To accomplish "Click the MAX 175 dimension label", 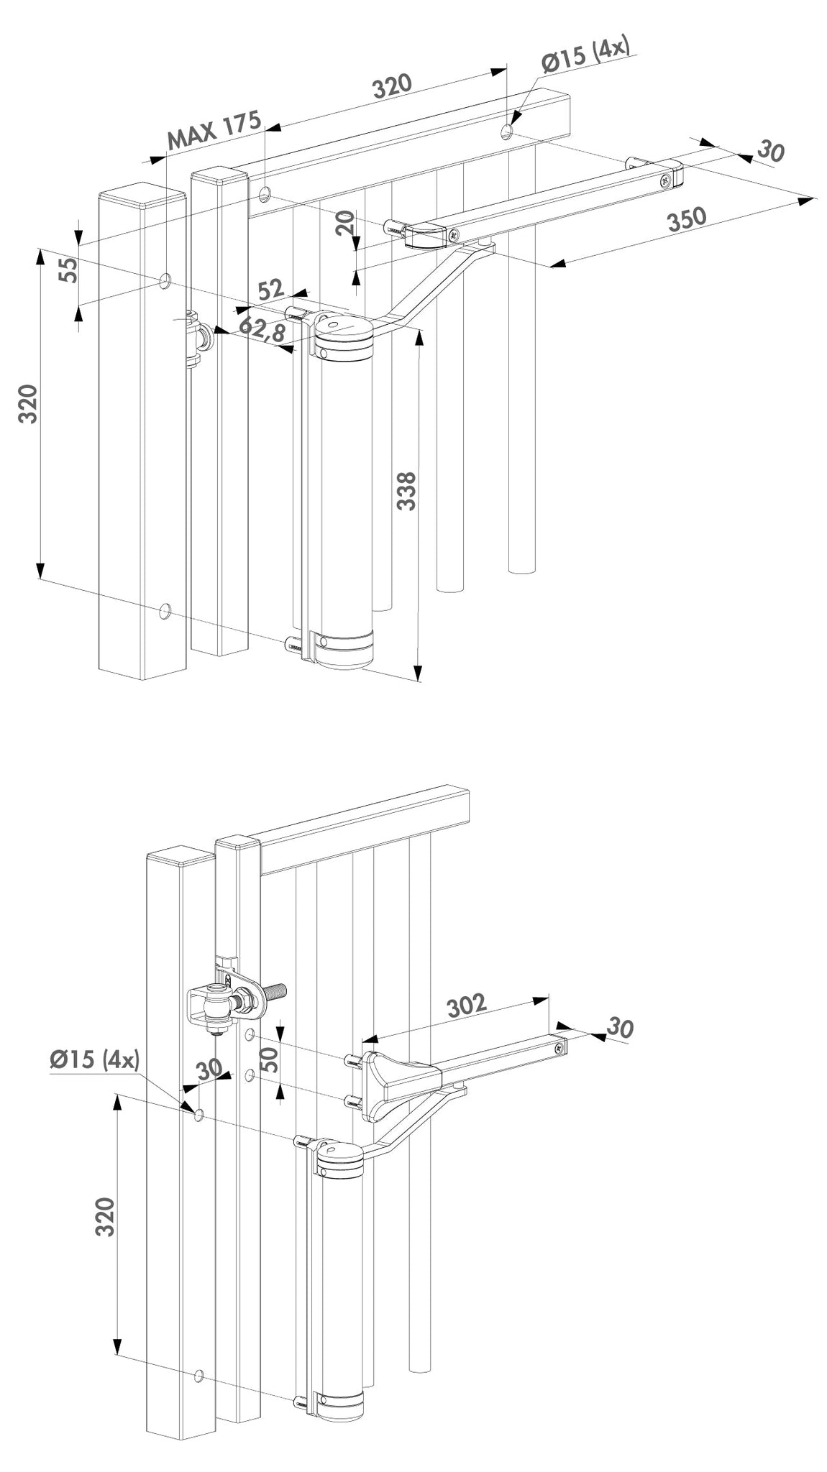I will click(214, 130).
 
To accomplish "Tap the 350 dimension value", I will click(685, 220).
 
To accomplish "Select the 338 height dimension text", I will click(407, 491).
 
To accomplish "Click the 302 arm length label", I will click(466, 1005).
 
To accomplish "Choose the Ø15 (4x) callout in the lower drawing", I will click(94, 1060).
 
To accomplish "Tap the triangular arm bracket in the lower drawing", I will click(397, 1080).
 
